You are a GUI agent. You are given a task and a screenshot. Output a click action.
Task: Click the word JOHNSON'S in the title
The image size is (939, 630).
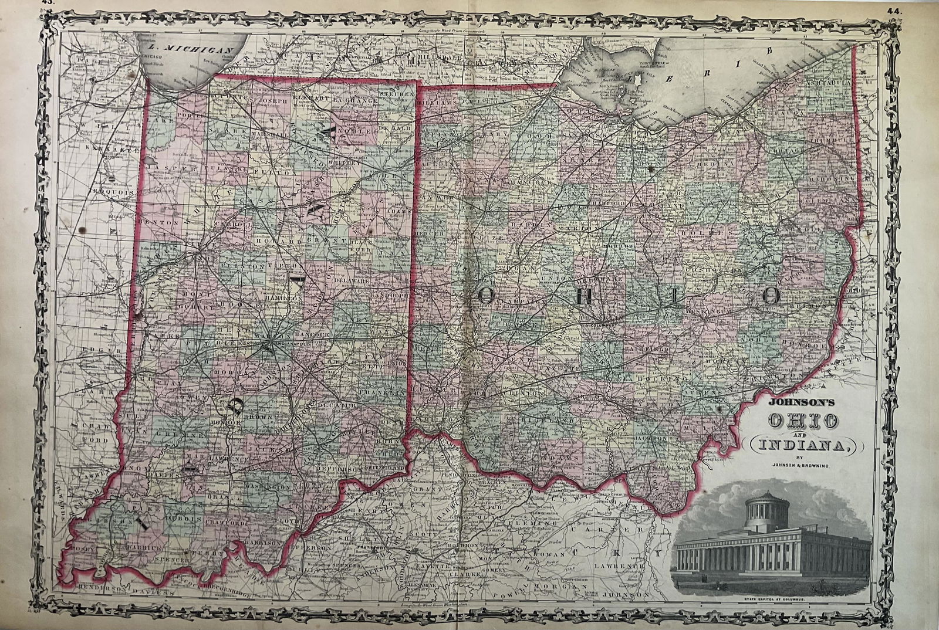(785, 404)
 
